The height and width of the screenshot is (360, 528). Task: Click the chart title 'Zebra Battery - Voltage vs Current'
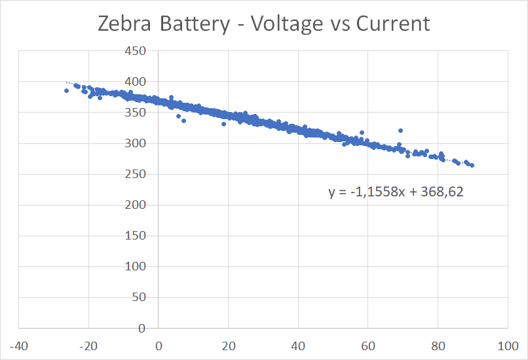(x=263, y=24)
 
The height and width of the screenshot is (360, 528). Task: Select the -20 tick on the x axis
(x=88, y=345)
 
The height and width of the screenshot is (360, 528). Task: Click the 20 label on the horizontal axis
(x=228, y=345)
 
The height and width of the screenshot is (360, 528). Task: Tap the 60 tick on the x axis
(x=368, y=345)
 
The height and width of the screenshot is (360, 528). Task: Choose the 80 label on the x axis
(x=438, y=345)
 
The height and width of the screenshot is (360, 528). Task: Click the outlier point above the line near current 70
(x=400, y=130)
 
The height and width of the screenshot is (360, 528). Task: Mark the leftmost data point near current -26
(x=66, y=90)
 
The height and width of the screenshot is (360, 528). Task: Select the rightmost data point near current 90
(x=472, y=166)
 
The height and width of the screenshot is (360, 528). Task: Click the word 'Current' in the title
(x=393, y=24)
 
